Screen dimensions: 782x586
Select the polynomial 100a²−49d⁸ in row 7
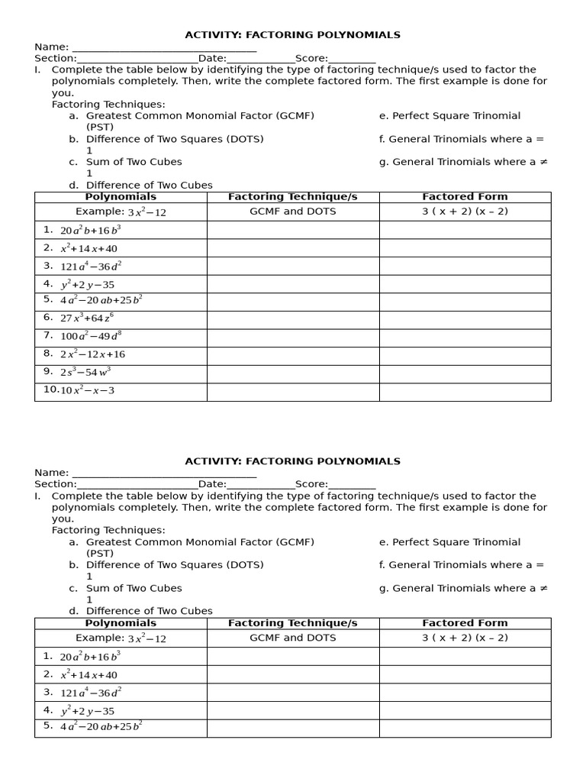pos(94,336)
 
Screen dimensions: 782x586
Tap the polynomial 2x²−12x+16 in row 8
pos(92,354)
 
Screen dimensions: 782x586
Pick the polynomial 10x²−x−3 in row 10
pos(88,390)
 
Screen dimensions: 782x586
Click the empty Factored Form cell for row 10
pos(465,392)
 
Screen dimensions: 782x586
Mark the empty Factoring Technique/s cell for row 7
pos(293,338)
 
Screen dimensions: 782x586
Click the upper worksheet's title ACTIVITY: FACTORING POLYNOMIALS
pos(292,35)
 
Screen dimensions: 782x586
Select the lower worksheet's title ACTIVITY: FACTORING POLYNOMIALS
pos(292,461)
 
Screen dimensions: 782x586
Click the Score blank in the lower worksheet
pos(352,484)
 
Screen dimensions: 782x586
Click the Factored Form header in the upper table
pos(465,197)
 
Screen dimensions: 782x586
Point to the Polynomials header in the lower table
pos(121,623)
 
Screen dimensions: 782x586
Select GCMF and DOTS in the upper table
pos(293,212)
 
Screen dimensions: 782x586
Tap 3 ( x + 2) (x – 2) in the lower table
pos(465,638)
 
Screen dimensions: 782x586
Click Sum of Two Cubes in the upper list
pos(134,162)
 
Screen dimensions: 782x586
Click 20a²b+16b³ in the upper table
pos(90,230)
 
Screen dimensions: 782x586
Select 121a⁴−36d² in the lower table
pos(91,693)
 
